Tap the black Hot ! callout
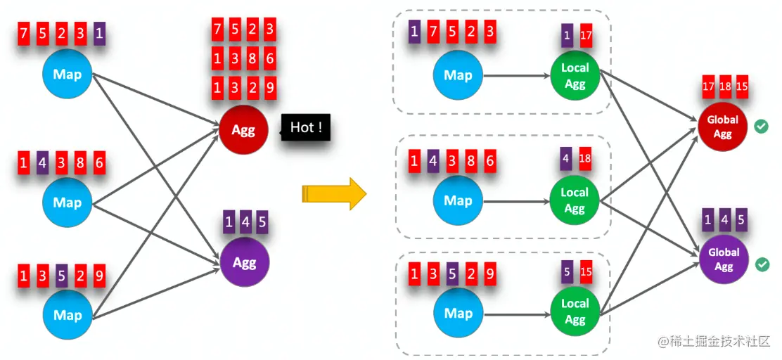pos(306,128)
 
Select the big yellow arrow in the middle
pos(334,193)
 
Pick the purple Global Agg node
pos(724,259)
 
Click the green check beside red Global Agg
pos(760,127)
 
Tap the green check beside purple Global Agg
pos(760,265)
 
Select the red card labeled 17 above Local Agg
pos(585,35)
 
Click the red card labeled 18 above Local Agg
pos(584,159)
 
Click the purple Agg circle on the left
pos(244,263)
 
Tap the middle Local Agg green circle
pos(575,200)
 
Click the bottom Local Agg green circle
pos(575,312)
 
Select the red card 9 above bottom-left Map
pos(99,276)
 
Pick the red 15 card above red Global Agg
pos(741,86)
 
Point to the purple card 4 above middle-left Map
pos(43,164)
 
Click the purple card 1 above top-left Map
pos(99,32)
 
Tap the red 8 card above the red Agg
pos(252,59)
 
